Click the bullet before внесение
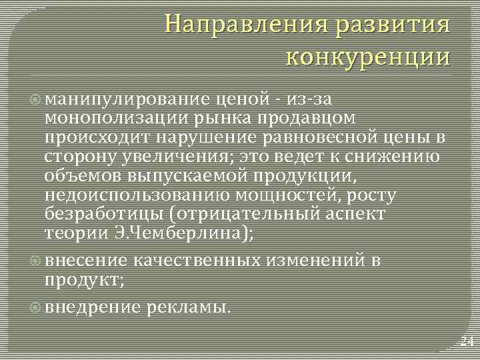(x=36, y=261)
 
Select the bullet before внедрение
(x=36, y=307)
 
